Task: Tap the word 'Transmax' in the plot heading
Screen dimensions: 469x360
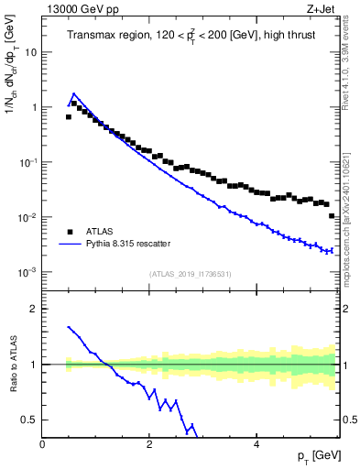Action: point(93,37)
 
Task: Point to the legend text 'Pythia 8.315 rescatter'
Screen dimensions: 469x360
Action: point(139,245)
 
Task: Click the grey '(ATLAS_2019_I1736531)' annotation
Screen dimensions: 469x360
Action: point(190,273)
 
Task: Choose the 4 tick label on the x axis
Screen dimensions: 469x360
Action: point(256,444)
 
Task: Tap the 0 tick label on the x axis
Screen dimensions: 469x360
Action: point(42,444)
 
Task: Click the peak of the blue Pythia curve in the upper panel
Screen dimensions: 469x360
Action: point(74,93)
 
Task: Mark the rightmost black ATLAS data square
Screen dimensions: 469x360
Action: point(332,215)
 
